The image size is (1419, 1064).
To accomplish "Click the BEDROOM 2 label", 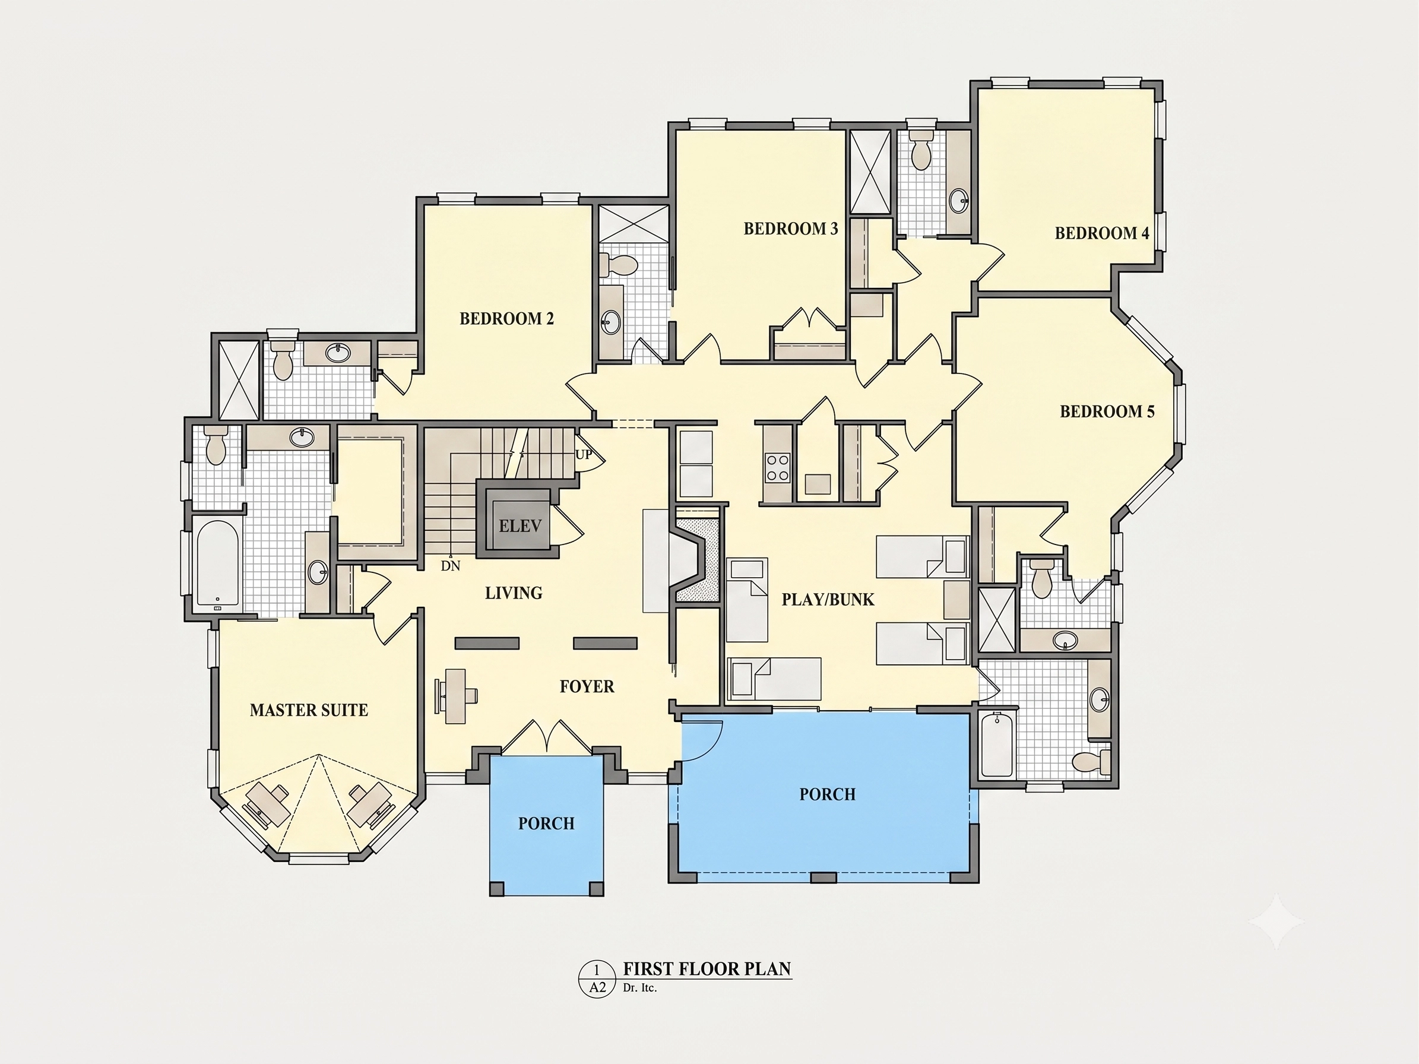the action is point(507,319).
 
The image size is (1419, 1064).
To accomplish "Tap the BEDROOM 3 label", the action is point(791,229).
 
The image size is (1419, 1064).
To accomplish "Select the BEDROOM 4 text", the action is point(1102,233).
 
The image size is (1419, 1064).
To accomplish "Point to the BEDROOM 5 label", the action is point(1107,411).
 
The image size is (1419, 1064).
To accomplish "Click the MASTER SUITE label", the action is point(309,710).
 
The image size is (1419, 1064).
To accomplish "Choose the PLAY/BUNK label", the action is point(828,600).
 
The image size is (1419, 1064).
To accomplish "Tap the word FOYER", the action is point(587,686).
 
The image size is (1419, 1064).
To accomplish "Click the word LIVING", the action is point(514,593).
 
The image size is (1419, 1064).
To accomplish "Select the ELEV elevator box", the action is point(520,524).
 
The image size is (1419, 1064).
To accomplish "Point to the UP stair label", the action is point(584,455).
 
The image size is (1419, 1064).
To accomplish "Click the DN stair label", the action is point(451,566).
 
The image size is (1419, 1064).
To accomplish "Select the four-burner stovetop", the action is point(778,467).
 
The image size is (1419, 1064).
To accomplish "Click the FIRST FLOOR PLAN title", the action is point(707,968).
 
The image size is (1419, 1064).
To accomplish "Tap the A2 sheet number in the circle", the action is point(597,987).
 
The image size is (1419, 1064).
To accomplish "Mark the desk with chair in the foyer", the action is point(456,696).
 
